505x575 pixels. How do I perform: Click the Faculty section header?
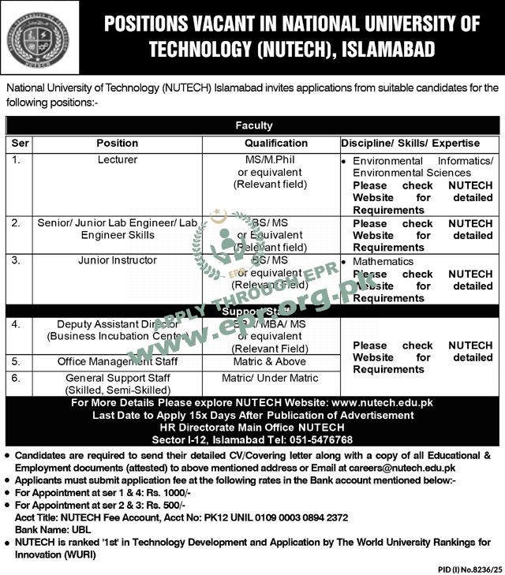coord(253,125)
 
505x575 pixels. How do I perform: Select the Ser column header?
coord(20,144)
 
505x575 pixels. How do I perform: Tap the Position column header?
coord(117,144)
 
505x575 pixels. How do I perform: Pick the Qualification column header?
coord(275,144)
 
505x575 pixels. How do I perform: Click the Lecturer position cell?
coord(117,160)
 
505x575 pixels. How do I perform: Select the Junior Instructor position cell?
coord(117,260)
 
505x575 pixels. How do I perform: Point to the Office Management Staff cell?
coord(117,361)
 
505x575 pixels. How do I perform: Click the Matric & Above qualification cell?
coord(271,361)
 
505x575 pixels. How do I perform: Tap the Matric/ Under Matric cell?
coord(271,379)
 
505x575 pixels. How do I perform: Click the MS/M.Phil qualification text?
coord(271,160)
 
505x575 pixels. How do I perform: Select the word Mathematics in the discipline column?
coord(383,261)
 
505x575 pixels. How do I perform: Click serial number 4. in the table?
coord(17,324)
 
